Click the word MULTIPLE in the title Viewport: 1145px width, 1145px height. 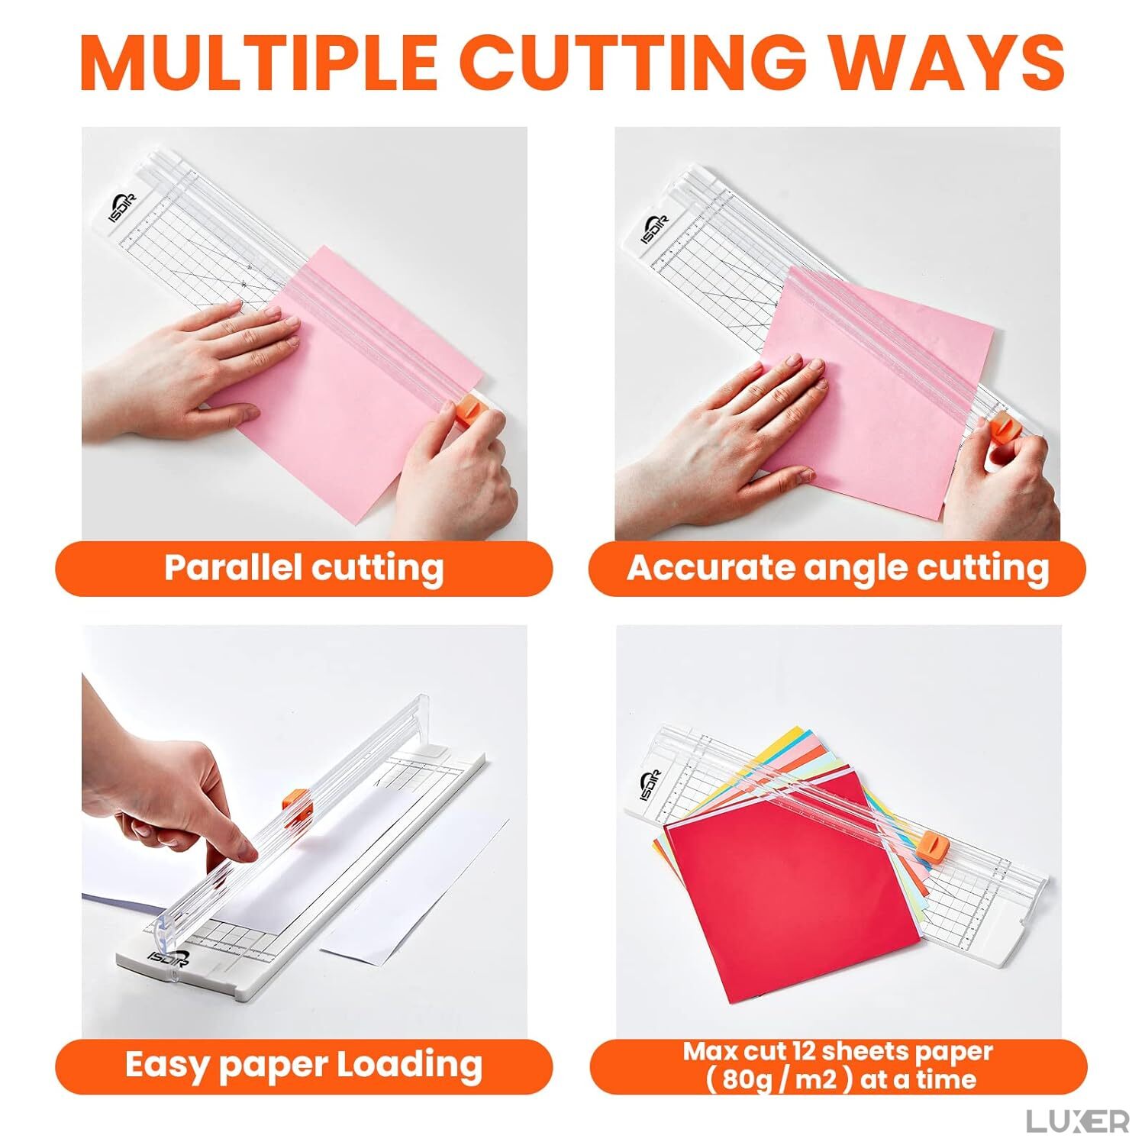pos(260,63)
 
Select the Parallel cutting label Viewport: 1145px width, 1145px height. pos(304,569)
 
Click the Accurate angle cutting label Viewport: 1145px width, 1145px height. pos(837,569)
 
